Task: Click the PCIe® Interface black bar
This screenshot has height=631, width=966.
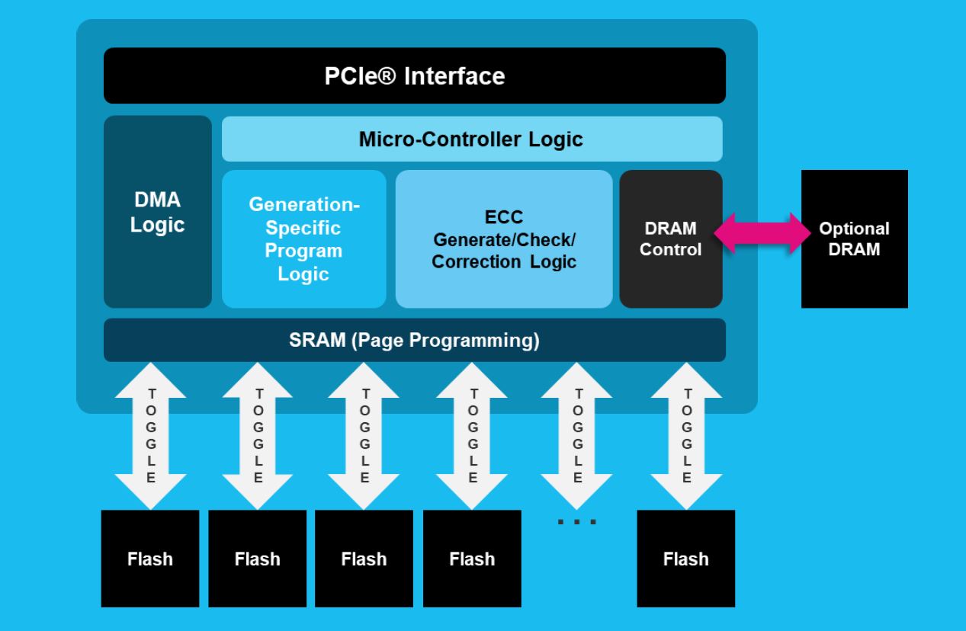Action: (414, 75)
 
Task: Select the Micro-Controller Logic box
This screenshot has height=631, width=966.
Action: (471, 139)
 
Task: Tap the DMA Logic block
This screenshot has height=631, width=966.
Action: (157, 213)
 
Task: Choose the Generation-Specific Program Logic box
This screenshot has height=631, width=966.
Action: (303, 239)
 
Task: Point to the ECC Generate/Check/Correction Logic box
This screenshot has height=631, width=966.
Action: (504, 239)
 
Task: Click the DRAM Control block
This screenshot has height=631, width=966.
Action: (670, 239)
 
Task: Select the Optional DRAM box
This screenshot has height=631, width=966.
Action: (854, 239)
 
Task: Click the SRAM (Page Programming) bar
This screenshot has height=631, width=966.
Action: (414, 340)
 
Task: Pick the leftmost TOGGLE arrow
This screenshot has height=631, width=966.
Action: (151, 437)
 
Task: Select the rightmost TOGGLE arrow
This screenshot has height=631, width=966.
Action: (687, 437)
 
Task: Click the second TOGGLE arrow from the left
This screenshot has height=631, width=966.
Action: (258, 437)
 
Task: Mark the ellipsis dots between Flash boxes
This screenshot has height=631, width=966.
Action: (577, 522)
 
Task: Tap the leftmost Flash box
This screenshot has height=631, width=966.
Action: (150, 559)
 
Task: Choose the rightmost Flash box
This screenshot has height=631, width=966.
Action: (685, 559)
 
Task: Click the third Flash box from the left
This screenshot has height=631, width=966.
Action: (364, 559)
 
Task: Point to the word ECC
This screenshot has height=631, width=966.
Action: (504, 218)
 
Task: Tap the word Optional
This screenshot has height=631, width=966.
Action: (854, 229)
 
